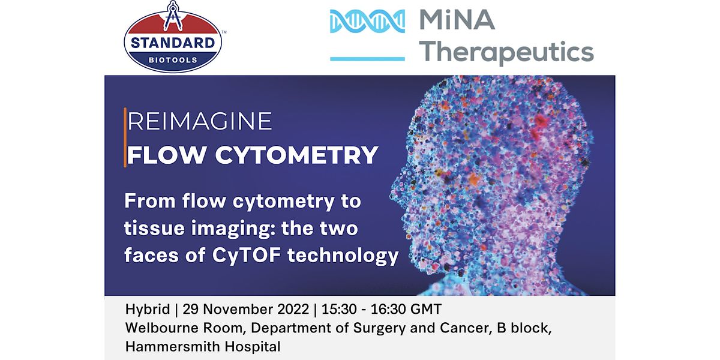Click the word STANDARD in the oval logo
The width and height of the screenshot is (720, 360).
pos(173,43)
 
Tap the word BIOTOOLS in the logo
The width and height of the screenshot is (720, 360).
pos(173,60)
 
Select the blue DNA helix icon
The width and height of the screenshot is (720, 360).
pos(367,21)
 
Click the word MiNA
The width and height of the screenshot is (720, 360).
pos(457,20)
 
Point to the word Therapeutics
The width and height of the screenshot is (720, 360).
pos(506,52)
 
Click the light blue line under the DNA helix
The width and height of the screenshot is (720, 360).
pos(367,59)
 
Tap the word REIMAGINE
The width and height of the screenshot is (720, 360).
pos(200,121)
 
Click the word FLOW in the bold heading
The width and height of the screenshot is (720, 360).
pos(167,155)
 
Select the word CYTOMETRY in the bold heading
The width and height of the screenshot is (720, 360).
pos(296,155)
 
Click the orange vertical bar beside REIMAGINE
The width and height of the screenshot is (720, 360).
pos(125,137)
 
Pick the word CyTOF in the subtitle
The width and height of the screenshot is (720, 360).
pos(247,256)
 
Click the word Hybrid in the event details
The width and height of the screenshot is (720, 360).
pos(148,309)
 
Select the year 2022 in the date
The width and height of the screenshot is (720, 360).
pos(293,309)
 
